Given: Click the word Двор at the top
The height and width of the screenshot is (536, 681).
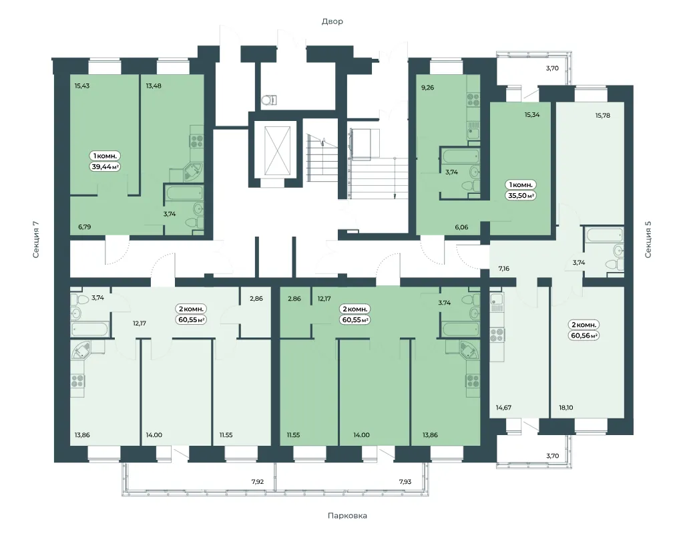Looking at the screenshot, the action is click(x=332, y=21).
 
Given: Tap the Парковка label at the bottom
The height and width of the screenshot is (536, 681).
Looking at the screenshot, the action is click(x=347, y=515).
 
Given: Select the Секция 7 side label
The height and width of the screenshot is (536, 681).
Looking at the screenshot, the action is click(x=36, y=239).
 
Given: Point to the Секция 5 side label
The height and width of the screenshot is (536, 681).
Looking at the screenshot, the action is click(x=648, y=239).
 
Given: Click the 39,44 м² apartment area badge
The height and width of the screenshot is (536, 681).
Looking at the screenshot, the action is click(x=105, y=166).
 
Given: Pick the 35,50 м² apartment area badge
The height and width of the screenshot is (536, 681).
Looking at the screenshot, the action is click(x=521, y=196).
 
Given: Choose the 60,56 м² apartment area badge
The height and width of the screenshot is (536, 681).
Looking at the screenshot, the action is click(x=584, y=336).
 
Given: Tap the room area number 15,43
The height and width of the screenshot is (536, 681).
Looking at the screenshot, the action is click(x=81, y=86).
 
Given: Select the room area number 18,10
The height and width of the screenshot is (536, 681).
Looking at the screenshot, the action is click(x=566, y=407).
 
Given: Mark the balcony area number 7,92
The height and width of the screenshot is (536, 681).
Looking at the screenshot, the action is click(x=258, y=481).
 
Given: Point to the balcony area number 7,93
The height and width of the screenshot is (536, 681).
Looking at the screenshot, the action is click(x=405, y=481).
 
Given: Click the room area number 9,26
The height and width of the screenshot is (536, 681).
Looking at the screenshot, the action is click(x=427, y=88).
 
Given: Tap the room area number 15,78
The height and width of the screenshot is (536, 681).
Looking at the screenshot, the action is click(x=602, y=115).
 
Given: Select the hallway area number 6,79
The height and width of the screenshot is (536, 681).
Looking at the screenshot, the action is click(x=85, y=227).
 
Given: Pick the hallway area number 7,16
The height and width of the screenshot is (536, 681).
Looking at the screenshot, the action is click(x=504, y=268).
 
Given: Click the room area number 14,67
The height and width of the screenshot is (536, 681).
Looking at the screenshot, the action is click(x=504, y=407).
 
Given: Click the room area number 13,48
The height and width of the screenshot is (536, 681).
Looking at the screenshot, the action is click(x=154, y=86).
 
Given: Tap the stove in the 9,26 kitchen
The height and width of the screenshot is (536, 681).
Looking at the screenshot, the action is click(x=473, y=100).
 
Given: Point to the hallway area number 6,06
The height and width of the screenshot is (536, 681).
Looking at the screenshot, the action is click(x=461, y=227).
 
